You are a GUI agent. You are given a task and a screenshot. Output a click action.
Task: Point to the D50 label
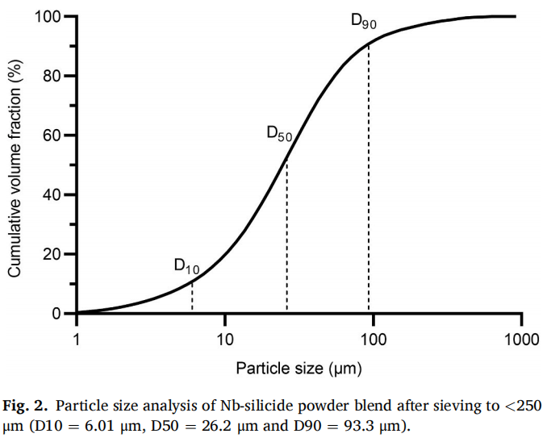coord(279,134)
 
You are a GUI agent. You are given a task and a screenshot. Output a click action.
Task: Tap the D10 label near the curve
coord(186,266)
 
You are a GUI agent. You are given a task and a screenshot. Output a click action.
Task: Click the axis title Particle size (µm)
coord(299,369)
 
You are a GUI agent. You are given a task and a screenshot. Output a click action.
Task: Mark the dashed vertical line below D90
coord(369,177)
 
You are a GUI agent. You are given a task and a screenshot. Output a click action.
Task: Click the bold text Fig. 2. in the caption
coord(29,404)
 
